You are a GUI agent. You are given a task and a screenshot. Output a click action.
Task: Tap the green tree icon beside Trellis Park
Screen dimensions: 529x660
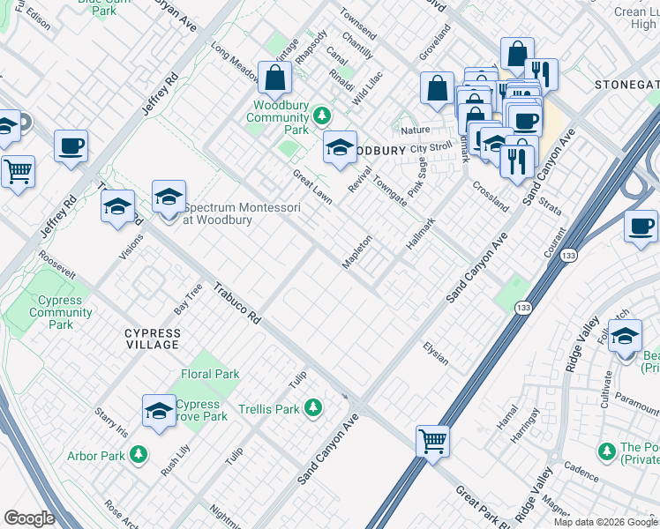click(x=312, y=407)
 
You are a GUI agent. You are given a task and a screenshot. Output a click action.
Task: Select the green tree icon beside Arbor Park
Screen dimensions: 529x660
click(x=138, y=455)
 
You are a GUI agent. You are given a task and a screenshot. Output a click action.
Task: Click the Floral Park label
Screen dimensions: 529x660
click(x=210, y=375)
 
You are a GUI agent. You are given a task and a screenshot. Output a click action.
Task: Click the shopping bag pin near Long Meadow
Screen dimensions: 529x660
click(x=275, y=78)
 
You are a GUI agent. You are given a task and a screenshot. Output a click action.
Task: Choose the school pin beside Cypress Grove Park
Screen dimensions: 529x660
click(x=159, y=411)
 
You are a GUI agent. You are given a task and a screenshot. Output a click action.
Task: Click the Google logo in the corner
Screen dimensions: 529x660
click(x=29, y=518)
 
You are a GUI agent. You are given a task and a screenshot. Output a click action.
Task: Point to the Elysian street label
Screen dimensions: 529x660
click(x=435, y=354)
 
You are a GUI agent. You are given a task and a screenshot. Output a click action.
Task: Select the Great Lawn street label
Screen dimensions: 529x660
click(x=312, y=187)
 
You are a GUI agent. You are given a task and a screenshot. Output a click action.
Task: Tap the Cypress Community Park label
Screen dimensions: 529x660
click(x=61, y=312)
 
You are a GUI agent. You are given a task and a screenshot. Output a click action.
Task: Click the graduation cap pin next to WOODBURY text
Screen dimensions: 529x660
click(x=340, y=148)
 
